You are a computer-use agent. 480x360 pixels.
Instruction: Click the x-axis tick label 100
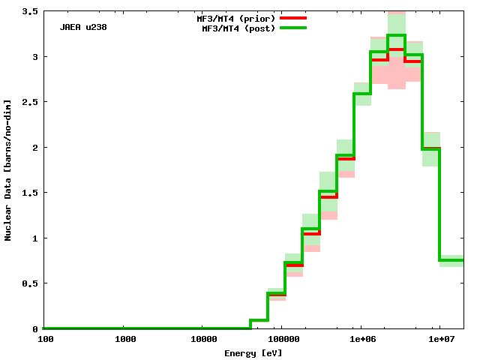45,339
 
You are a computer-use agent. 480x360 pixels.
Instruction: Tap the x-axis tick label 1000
125,339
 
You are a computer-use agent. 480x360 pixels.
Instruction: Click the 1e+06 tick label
360,339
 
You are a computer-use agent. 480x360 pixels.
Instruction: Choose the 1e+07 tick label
439,339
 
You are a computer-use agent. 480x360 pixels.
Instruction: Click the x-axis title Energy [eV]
253,352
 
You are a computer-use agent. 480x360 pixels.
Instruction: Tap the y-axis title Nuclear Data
8,170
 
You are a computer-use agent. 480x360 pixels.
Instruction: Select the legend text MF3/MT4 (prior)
239,17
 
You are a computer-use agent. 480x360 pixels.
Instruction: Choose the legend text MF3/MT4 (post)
239,28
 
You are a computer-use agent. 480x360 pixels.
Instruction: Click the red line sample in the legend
293,17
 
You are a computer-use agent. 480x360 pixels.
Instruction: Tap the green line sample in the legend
293,28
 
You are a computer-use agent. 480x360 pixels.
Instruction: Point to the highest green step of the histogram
397,35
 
